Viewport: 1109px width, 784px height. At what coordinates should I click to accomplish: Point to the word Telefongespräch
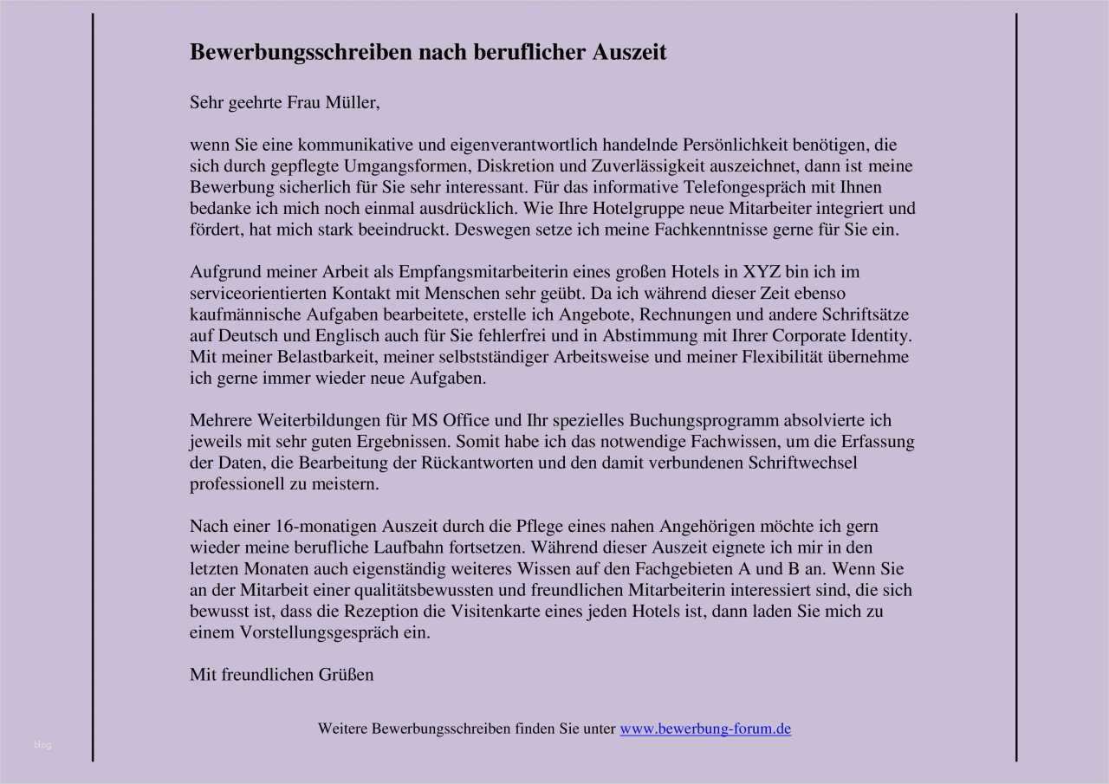(x=769, y=187)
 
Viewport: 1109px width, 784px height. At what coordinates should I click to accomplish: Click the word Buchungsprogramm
(x=712, y=420)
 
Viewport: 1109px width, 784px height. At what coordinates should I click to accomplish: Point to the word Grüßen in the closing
(x=347, y=674)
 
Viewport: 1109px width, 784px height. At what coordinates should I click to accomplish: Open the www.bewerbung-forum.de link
(x=705, y=729)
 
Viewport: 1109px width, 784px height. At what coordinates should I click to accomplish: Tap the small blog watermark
(x=43, y=745)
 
